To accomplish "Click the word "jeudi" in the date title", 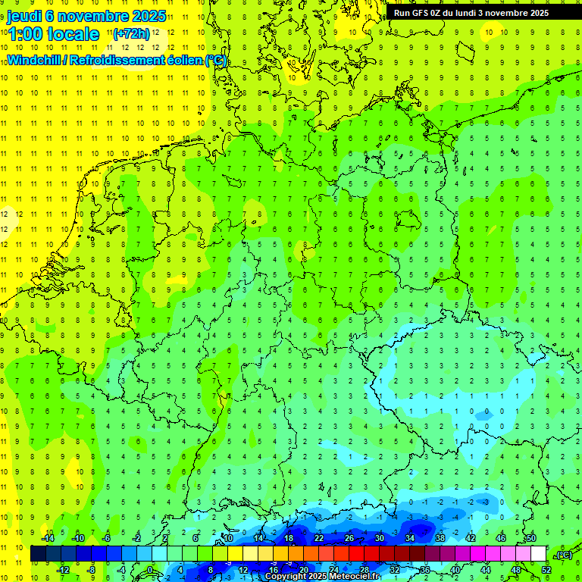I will tap(24, 16).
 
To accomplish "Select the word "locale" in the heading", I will tap(74, 34).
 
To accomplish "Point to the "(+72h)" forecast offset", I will tap(130, 34).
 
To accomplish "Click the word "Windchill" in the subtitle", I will tap(34, 60).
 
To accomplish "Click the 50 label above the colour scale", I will tap(530, 538).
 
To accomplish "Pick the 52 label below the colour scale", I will tap(546, 570).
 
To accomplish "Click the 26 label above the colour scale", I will tap(349, 538).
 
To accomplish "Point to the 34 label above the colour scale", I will tap(409, 538).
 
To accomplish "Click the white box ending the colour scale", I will tap(539, 554).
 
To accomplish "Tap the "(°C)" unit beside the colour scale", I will tap(563, 555).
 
